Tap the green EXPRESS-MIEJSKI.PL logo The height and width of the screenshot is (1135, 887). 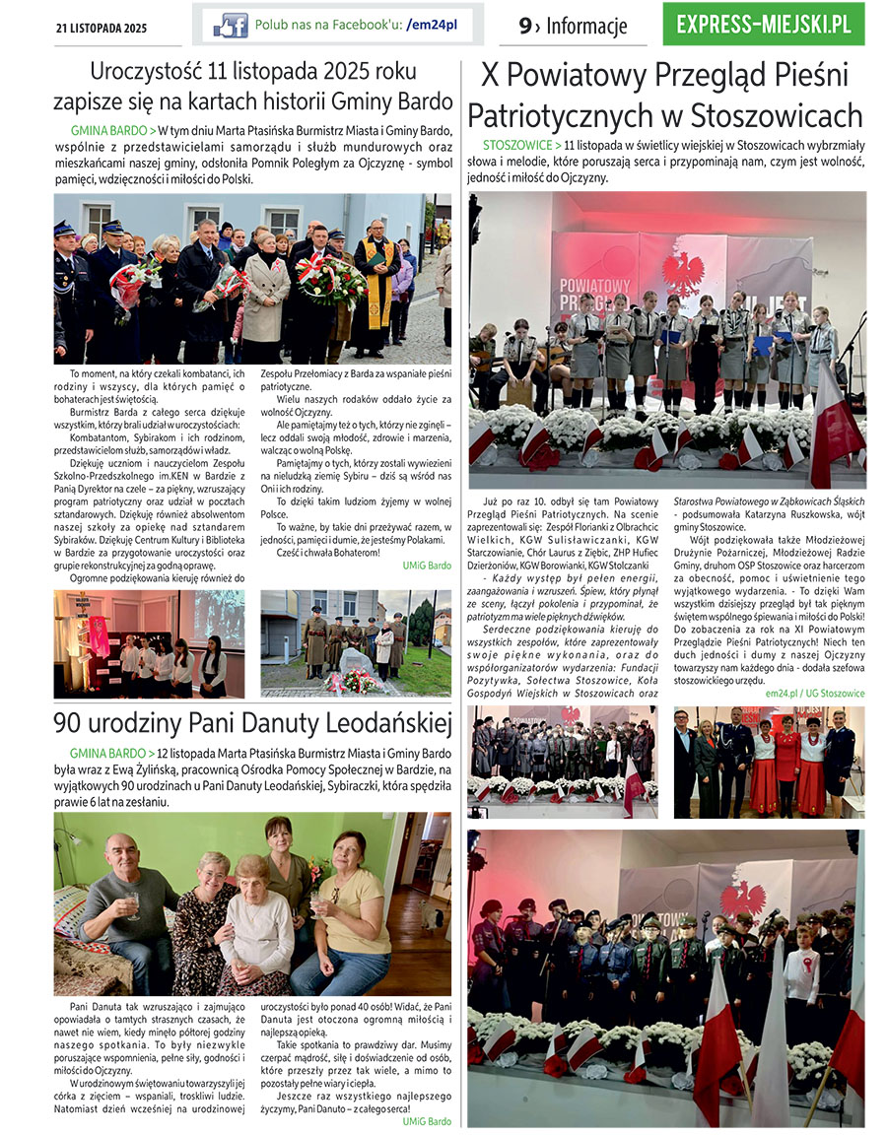pos(764,25)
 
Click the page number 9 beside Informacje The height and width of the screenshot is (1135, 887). pos(525,27)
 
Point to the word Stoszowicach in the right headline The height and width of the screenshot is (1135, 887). pos(764,115)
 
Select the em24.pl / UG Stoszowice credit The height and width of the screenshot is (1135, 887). pos(814,693)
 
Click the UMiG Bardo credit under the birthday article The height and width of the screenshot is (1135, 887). pos(426,1121)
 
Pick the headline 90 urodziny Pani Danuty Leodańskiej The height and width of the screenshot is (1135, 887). pos(251,725)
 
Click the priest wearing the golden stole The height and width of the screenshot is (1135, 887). pos(376,286)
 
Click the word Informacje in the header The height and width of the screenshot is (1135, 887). pos(586,27)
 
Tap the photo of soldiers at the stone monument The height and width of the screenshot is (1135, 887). pos(356,643)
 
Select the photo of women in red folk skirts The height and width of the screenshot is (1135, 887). pos(769,762)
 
